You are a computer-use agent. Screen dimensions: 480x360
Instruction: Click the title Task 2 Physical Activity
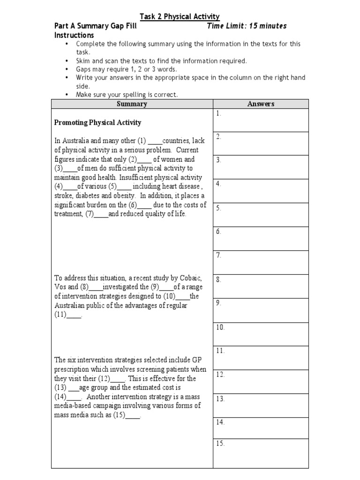pos(180,17)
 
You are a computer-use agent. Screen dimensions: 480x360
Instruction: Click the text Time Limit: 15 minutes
pos(247,26)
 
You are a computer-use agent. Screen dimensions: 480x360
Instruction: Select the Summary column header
pos(132,104)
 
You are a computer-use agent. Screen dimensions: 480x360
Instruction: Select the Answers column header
pos(261,104)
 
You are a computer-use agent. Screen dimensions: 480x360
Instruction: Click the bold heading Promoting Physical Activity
pos(97,123)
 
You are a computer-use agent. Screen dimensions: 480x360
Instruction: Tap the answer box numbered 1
pos(261,120)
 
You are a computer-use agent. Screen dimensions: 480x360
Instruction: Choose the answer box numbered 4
pos(261,191)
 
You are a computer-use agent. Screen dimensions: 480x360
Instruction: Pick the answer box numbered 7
pos(261,262)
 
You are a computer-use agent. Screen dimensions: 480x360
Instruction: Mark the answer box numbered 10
pos(261,334)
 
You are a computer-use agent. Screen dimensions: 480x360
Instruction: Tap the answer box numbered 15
pos(261,450)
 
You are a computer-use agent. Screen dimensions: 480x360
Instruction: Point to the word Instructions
pos(74,35)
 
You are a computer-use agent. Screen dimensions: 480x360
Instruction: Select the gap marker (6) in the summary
pos(132,205)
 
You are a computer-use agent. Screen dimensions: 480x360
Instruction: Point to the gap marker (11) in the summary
pos(61,315)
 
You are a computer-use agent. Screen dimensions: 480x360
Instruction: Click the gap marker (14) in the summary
pos(61,397)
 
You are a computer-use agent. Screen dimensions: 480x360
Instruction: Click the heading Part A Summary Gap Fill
pos(95,26)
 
